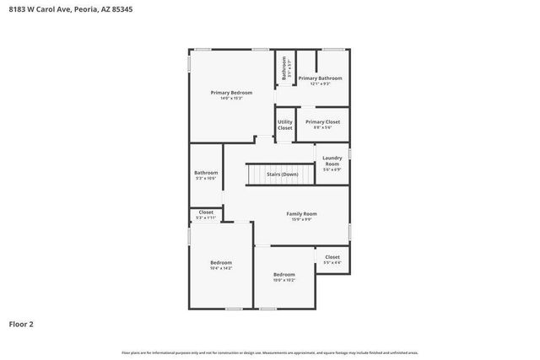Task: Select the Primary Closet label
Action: point(322,121)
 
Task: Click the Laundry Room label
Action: point(332,160)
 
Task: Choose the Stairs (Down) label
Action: point(282,174)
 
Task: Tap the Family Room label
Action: point(301,214)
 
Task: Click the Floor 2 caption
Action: point(21,323)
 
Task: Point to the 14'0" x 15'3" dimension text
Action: point(231,98)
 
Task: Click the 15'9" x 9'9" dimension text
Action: point(302,220)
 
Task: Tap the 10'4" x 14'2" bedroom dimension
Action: point(221,268)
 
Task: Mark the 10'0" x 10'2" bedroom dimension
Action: point(284,280)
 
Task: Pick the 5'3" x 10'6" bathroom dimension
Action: point(206,178)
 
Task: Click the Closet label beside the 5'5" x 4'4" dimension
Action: point(332,256)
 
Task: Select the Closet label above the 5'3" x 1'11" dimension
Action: point(206,212)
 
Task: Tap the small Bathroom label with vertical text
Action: point(284,67)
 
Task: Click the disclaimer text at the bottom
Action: point(270,352)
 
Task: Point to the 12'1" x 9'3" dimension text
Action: point(321,83)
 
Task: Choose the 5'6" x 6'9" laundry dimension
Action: point(332,169)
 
